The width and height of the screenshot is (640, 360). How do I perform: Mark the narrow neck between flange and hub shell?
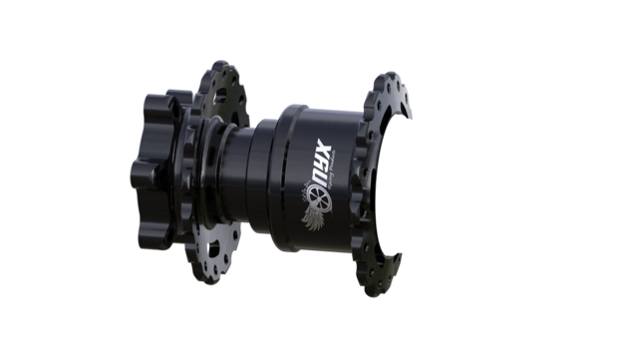(x=243, y=180)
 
